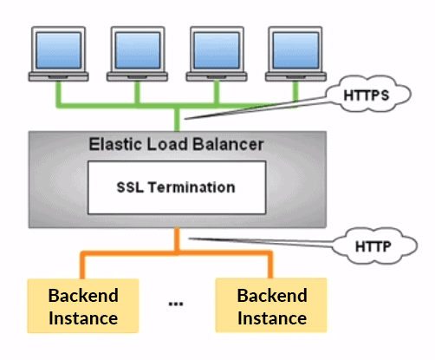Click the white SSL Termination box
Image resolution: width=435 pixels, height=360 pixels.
175,187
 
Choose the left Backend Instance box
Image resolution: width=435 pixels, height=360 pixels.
82,306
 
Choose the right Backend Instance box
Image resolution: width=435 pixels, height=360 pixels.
271,306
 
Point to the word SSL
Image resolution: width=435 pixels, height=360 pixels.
131,187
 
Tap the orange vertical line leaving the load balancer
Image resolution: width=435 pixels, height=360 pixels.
178,239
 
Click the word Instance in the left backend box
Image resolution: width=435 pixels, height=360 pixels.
82,317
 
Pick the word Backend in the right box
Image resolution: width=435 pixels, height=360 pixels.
271,295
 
